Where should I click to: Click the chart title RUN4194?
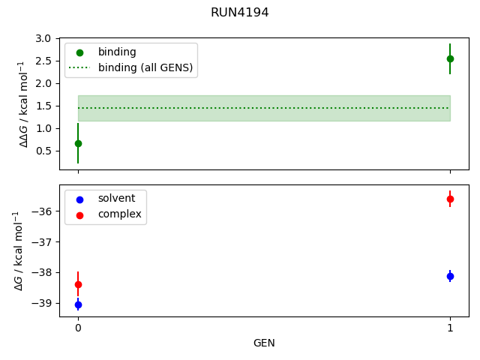point(240,13)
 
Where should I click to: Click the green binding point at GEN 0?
point(78,143)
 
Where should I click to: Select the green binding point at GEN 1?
point(450,58)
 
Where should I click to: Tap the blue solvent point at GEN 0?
point(78,304)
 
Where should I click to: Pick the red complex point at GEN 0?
point(78,284)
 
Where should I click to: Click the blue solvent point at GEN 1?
point(450,276)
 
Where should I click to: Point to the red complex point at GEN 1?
point(450,199)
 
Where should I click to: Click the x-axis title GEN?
point(264,343)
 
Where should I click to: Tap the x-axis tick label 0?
point(78,328)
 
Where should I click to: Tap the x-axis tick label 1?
point(450,328)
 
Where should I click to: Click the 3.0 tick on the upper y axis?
point(45,38)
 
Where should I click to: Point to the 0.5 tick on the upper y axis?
point(45,151)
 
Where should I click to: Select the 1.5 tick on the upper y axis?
point(45,106)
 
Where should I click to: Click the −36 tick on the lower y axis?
point(42,211)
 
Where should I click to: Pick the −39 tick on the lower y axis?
point(42,303)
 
